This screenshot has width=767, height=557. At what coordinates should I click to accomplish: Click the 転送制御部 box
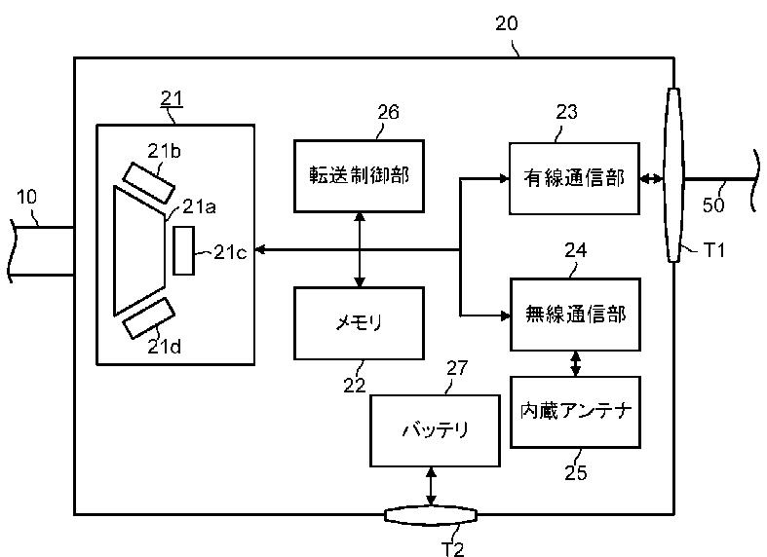359,176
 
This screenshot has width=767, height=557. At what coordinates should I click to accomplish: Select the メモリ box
359,323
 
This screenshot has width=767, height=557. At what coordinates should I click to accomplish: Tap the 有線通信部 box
574,178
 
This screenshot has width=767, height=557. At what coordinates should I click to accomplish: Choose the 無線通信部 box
575,315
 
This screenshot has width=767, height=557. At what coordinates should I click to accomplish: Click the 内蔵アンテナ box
575,412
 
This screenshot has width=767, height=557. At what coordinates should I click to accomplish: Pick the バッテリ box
435,430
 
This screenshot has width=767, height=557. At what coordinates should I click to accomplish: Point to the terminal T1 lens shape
673,175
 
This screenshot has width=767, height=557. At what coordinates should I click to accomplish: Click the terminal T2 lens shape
431,515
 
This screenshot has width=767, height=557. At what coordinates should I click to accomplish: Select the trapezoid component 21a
139,250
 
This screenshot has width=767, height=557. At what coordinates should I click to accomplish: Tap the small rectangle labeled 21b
148,183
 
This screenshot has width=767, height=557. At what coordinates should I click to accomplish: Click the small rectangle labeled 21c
183,250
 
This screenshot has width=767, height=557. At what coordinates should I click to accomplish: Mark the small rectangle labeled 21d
148,318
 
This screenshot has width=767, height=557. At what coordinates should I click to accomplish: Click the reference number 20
506,23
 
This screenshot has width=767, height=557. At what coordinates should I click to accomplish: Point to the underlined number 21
172,99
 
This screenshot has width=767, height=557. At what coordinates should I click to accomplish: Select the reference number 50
713,204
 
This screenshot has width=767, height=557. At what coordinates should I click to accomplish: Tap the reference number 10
26,197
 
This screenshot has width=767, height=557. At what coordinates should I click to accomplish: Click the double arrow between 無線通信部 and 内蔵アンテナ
576,363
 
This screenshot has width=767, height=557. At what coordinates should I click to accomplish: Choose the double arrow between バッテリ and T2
431,487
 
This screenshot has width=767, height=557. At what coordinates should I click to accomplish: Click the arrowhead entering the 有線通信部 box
504,179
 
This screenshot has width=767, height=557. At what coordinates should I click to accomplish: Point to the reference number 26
389,112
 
